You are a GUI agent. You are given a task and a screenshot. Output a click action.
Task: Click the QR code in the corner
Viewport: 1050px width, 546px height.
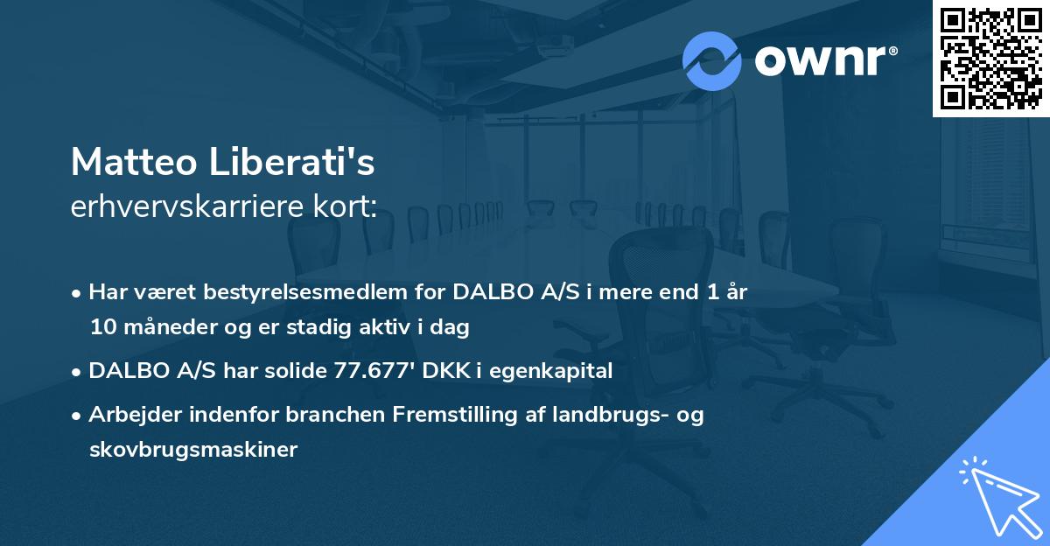(990, 58)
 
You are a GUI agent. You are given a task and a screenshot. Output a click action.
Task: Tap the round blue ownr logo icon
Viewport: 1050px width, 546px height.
(712, 60)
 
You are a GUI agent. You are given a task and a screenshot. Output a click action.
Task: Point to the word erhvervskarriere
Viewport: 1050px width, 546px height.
(178, 206)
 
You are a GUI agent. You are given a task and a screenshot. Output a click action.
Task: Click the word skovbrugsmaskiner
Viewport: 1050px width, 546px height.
(193, 450)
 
